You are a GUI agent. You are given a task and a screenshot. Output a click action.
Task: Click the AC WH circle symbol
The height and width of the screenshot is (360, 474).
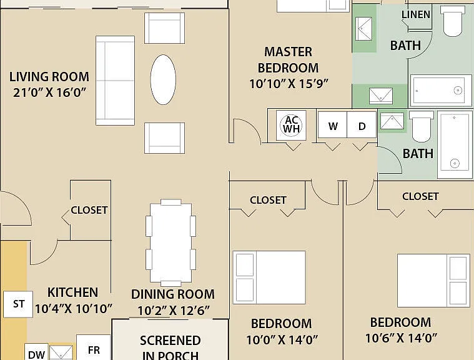tap(291, 124)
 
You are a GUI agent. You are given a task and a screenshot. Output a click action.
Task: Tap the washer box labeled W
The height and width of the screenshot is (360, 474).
tap(332, 125)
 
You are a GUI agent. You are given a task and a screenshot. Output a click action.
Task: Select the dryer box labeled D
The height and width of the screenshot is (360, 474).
tap(362, 125)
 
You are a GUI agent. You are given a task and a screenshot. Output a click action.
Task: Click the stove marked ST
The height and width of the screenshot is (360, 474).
tap(18, 304)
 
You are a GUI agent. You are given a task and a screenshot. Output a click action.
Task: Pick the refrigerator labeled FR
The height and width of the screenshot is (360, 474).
tap(94, 347)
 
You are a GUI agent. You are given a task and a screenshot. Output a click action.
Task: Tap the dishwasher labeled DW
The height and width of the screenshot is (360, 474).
tap(36, 352)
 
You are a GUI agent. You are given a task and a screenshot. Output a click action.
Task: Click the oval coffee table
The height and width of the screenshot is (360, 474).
tap(163, 79)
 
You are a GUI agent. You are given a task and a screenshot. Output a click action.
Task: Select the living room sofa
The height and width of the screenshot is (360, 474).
tap(115, 81)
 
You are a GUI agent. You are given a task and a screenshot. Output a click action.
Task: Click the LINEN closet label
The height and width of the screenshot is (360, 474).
tap(416, 14)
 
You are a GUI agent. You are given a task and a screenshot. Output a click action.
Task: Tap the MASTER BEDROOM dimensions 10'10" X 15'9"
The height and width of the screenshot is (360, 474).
tap(289, 84)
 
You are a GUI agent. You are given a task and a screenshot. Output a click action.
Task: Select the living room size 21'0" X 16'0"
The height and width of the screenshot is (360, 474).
tap(49, 92)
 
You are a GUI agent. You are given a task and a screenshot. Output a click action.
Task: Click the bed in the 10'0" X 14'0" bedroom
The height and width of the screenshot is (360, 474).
tap(269, 277)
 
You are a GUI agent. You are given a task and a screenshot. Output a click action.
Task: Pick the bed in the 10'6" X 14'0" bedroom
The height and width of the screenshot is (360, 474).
tap(433, 281)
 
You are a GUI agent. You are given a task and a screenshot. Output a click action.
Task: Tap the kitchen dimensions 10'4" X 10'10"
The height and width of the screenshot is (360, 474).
tap(74, 309)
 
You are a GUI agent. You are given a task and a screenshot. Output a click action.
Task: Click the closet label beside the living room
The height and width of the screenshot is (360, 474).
tap(89, 210)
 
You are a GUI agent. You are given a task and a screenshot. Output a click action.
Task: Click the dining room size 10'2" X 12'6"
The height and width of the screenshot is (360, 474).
tap(173, 311)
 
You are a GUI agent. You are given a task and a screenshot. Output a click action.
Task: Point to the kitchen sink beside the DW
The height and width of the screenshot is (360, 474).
tap(61, 352)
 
